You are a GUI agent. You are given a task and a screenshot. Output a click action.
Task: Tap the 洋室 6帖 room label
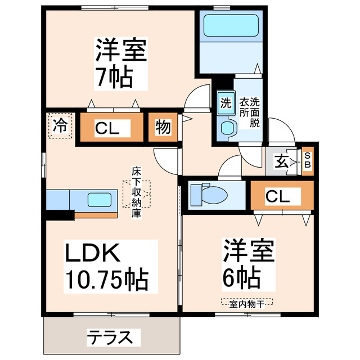(x=248, y=263)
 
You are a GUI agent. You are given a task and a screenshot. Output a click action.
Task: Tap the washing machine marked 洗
(x=225, y=103)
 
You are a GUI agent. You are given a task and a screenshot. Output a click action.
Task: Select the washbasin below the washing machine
(x=227, y=128)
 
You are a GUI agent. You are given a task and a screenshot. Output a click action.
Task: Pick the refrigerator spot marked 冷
(x=60, y=125)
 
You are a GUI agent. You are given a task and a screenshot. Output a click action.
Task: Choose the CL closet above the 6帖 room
(x=277, y=196)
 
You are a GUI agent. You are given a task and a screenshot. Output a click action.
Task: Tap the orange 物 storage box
(x=163, y=128)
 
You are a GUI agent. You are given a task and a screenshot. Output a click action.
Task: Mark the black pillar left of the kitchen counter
(x=60, y=214)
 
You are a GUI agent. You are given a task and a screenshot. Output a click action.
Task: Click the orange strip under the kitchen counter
(x=96, y=214)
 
